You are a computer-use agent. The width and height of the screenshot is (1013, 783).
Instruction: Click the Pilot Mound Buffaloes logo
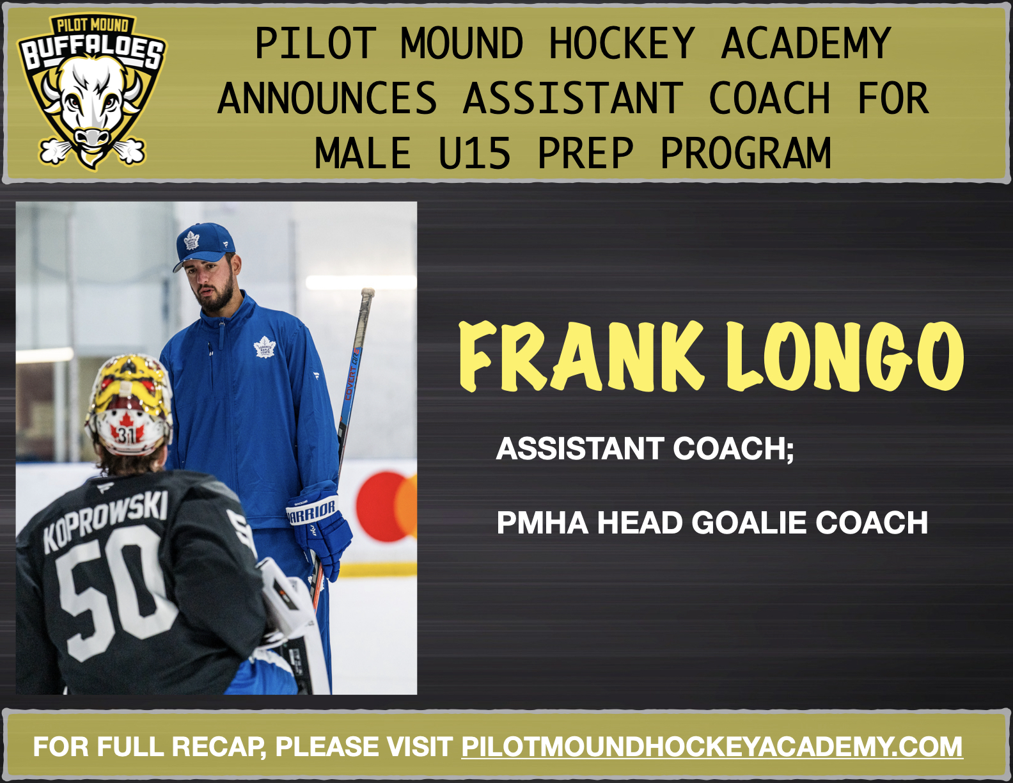click(91, 91)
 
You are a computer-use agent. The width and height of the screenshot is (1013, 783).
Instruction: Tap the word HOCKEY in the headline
click(622, 43)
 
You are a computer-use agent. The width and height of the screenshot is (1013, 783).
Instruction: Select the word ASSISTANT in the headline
click(573, 99)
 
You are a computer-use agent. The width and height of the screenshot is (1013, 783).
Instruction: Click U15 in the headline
click(475, 154)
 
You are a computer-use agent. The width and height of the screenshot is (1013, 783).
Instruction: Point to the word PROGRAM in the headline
click(746, 154)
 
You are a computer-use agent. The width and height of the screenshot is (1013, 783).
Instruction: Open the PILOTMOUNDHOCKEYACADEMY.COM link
click(712, 747)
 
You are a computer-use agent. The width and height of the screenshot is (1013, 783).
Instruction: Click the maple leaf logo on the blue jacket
click(264, 347)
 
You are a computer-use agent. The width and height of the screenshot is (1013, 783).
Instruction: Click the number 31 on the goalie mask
click(125, 435)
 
